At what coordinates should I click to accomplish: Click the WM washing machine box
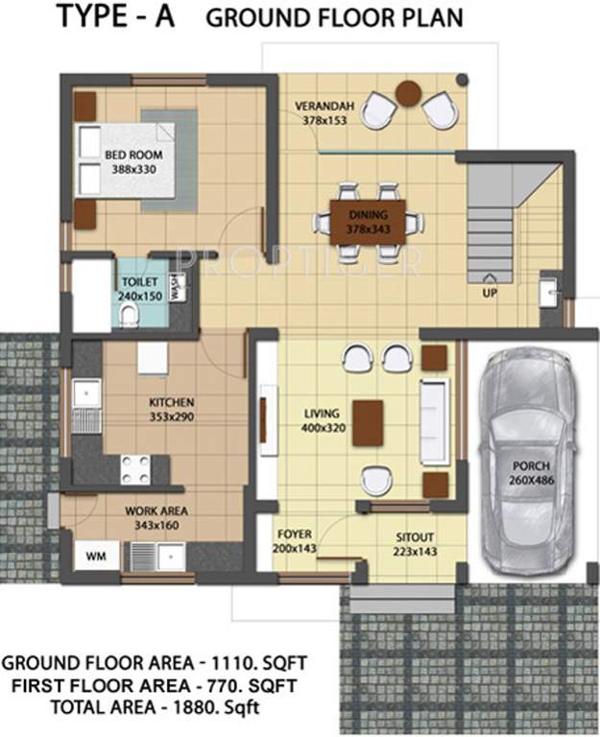tap(96, 556)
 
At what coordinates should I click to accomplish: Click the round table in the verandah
tap(409, 92)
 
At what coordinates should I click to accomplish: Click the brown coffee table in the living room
tap(368, 423)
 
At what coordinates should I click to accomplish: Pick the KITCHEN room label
tap(172, 402)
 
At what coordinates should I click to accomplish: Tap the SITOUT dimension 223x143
tap(415, 552)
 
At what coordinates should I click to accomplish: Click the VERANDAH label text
tap(324, 107)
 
